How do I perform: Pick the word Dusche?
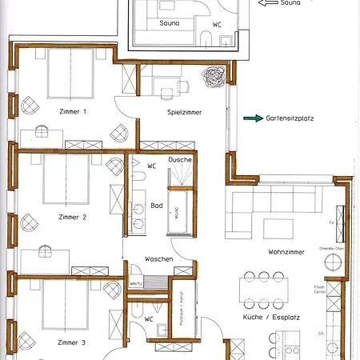[x=180, y=161]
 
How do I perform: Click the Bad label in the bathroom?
[x=157, y=206]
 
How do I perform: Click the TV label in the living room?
[x=331, y=222]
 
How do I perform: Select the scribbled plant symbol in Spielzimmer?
[x=214, y=79]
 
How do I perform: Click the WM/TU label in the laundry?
[x=135, y=283]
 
